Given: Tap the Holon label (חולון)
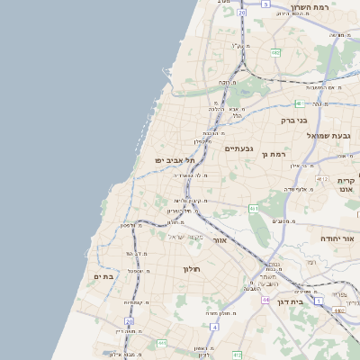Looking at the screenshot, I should click(191, 269).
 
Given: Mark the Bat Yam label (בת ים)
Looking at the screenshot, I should click(103, 276).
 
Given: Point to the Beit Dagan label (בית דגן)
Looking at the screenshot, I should click(310, 302).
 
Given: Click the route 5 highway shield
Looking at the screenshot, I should click(265, 4).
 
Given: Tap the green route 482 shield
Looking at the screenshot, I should click(275, 53).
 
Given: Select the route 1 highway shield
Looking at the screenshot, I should click(318, 301).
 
